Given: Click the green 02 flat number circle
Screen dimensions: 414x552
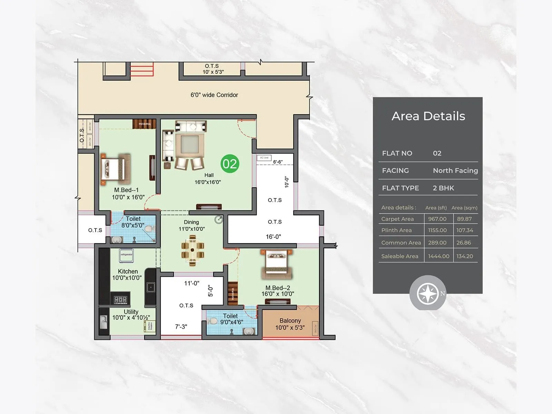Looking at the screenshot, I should [230, 164].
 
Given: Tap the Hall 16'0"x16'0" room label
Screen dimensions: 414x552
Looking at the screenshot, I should [208, 179].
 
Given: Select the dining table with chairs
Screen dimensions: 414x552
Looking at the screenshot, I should [193, 250].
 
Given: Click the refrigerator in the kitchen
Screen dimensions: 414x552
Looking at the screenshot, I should [126, 255].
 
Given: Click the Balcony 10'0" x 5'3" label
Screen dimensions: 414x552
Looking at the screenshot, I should [290, 324].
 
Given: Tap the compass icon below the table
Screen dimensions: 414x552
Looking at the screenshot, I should [428, 294].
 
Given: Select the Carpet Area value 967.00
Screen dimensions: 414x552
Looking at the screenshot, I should [437, 219].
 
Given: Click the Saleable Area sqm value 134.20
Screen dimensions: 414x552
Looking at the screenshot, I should [465, 256].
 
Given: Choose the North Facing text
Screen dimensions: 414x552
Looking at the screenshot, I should [455, 170].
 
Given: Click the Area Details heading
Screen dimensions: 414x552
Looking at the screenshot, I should [428, 116].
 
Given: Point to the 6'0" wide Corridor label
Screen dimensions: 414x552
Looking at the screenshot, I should [214, 95].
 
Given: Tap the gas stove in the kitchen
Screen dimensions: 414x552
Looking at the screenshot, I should [120, 299].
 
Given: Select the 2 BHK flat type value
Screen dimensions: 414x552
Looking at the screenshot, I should [443, 188].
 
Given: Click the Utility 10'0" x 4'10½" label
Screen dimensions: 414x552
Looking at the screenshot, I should [131, 315].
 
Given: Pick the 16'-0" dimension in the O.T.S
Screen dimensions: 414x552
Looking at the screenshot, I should [273, 237].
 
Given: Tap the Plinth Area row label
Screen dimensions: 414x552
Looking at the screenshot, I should [396, 230].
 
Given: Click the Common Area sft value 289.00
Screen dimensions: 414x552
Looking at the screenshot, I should [437, 243].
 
